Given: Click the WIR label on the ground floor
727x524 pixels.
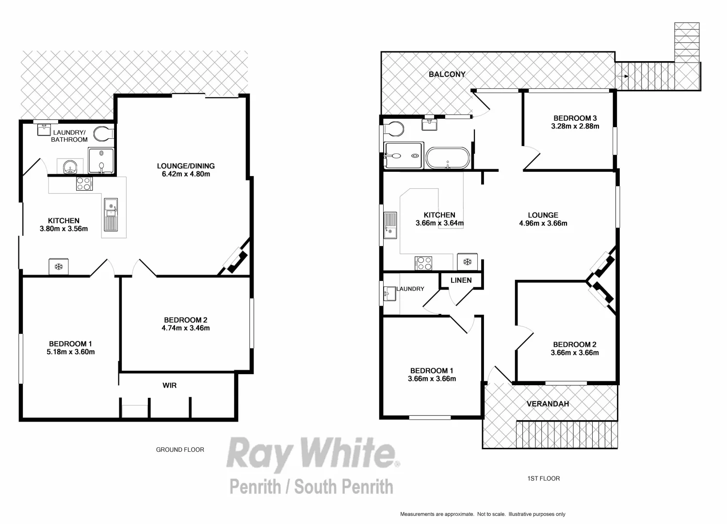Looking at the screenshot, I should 169,385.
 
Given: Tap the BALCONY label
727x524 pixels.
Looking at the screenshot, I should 447,74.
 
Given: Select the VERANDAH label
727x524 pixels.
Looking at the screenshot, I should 548,404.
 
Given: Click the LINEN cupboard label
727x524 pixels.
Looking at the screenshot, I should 461,280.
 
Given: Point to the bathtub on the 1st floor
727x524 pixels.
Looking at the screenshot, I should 448,158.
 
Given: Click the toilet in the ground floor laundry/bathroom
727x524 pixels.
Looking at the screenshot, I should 103,133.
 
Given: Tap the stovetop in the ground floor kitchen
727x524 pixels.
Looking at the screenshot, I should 84,183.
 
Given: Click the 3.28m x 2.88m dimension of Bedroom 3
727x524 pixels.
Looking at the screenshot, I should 575,126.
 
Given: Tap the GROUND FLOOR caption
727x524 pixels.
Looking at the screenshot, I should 180,450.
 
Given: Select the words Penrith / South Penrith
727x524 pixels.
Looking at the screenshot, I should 311,486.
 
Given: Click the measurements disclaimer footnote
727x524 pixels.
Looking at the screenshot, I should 483,514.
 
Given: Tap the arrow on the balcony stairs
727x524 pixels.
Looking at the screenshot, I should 626,76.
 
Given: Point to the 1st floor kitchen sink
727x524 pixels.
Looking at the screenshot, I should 390,225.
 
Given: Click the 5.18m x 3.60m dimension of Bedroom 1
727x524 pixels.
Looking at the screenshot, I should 70,352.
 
